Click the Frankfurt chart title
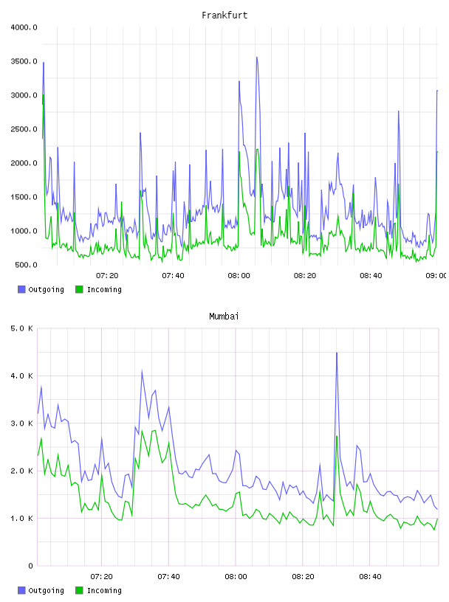point(224,15)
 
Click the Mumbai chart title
point(224,316)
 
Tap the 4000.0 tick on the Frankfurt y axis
point(24,27)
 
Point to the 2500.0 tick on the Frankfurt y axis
point(24,129)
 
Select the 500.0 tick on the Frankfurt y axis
point(26,265)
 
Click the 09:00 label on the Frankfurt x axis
point(436,276)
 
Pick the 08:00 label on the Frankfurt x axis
point(239,276)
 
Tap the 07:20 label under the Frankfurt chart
point(107,276)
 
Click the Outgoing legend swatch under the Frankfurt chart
point(21,289)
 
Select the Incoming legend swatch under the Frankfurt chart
point(79,289)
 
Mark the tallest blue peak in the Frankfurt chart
point(257,58)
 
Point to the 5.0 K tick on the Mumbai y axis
point(21,328)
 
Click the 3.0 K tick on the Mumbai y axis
point(21,423)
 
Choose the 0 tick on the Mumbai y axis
point(31,566)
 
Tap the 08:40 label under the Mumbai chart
point(370,577)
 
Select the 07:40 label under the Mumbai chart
point(169,577)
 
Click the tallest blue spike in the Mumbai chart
point(337,353)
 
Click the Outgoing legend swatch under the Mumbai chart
point(21,590)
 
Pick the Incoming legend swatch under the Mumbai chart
point(79,590)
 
